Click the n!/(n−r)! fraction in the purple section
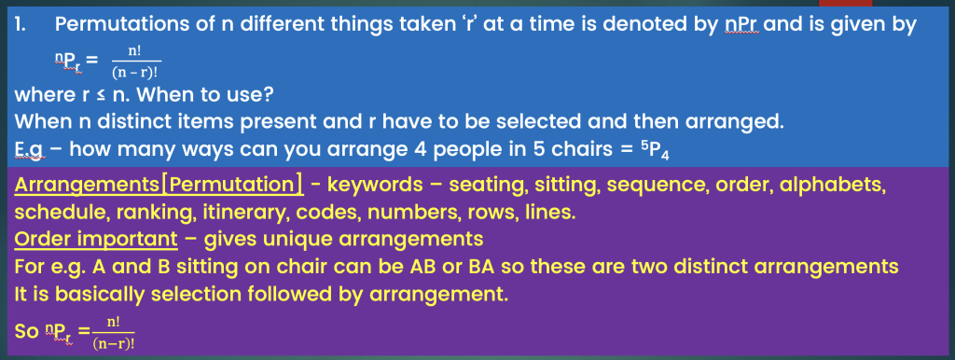114,333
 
